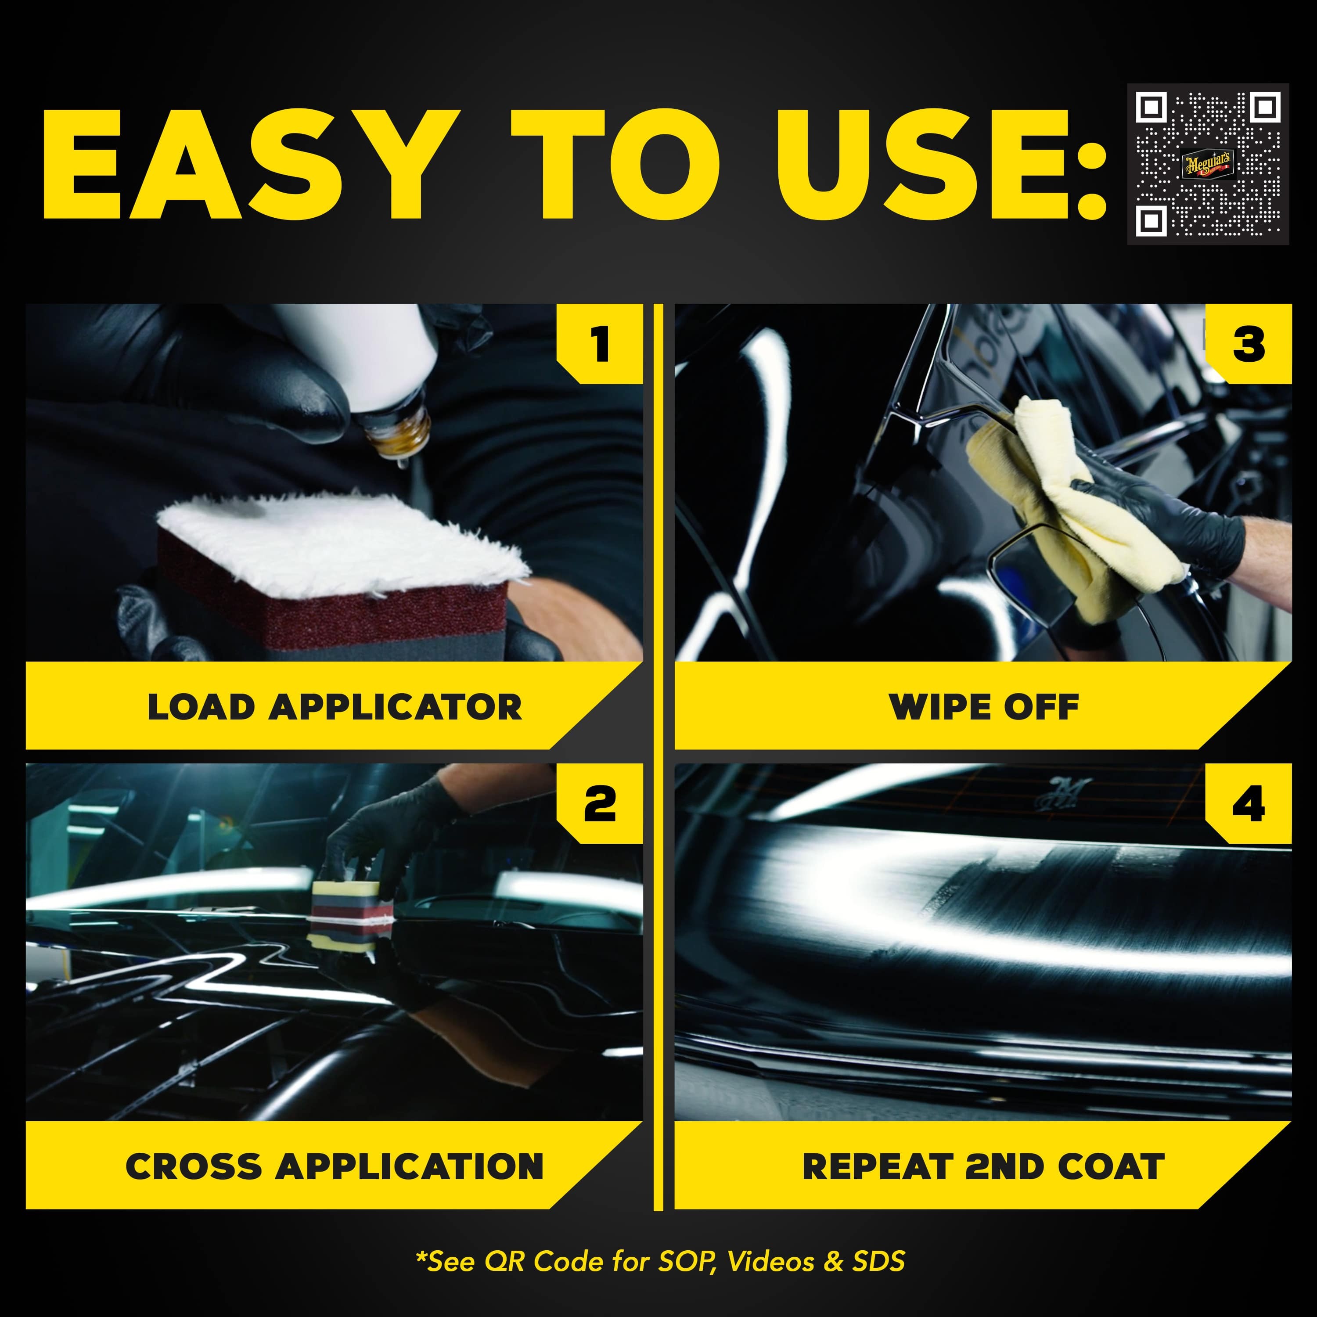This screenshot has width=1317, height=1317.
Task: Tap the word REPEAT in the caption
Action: (x=877, y=1166)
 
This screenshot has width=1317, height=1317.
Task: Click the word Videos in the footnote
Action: (x=771, y=1262)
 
